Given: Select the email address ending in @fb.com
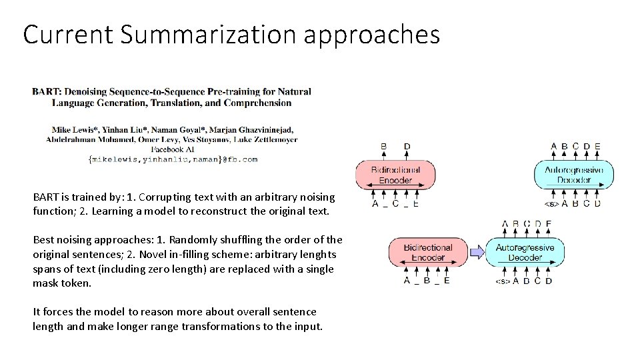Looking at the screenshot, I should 173,159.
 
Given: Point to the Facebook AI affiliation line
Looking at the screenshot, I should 171,149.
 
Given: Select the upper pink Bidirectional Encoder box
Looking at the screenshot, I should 396,175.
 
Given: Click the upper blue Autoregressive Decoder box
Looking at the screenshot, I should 573,175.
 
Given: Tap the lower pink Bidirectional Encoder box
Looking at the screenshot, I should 427,253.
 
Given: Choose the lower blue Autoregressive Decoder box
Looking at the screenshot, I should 525,253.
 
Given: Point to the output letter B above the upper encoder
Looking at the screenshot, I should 383,146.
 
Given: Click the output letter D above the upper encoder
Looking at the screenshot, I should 407,146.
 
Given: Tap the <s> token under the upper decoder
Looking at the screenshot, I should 551,203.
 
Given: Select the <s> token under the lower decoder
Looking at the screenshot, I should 503,281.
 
